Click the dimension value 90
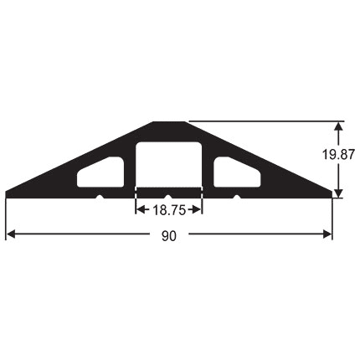[169, 237]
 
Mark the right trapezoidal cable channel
[237, 172]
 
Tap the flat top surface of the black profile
[169, 124]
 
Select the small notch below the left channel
[101, 197]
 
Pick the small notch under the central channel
[169, 197]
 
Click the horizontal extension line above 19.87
[268, 121]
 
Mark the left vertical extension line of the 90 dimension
[7, 218]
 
